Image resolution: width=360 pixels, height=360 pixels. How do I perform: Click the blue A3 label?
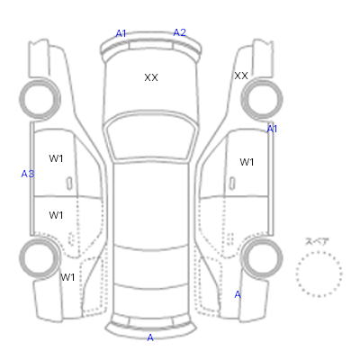coord(28,174)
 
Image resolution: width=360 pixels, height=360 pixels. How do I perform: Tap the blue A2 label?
coord(180,32)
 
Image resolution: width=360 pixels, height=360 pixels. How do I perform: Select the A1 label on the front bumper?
coord(121,33)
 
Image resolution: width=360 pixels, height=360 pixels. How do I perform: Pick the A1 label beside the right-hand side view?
coord(272,129)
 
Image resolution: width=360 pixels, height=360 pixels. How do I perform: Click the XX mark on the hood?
coord(151,77)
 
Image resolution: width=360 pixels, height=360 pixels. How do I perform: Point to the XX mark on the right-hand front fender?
coord(241,76)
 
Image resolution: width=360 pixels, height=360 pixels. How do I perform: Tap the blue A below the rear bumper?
coord(150,337)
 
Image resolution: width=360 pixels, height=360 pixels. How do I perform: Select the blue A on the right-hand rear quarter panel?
coord(238,295)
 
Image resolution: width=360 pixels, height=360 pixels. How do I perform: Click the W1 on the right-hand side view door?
coord(247,162)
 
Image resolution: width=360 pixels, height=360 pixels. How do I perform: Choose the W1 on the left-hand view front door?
coord(56,158)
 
